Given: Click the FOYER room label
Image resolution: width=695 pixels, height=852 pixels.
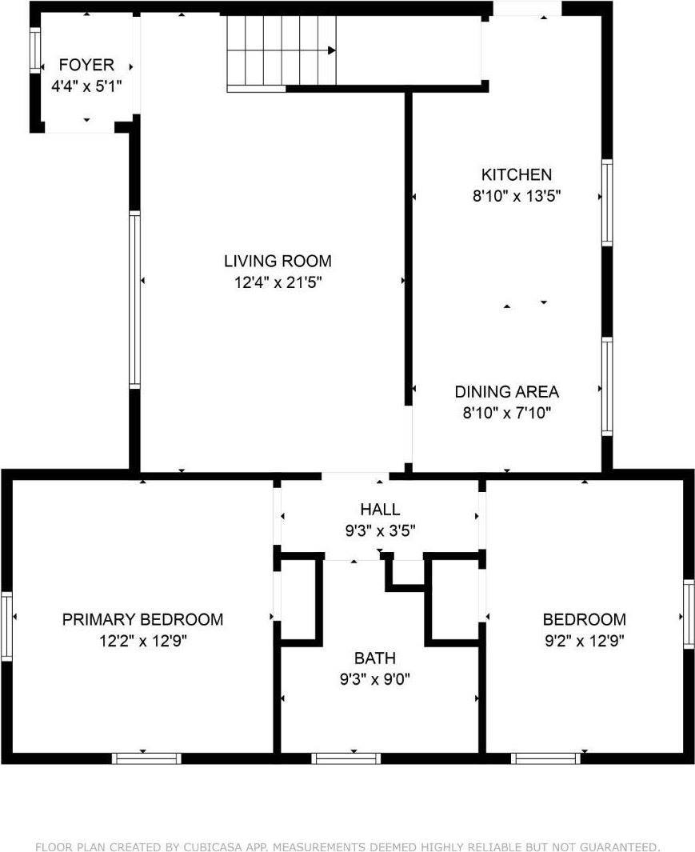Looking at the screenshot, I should click(x=86, y=65).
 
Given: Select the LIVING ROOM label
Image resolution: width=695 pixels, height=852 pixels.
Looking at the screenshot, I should click(x=277, y=261).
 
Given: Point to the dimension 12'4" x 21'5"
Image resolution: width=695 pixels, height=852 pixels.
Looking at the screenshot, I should click(x=277, y=282).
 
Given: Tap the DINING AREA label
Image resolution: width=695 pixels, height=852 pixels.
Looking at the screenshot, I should click(x=506, y=392).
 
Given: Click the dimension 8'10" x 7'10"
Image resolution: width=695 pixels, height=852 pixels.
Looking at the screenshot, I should click(x=506, y=413).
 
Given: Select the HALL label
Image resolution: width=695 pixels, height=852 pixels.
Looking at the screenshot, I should click(x=380, y=510).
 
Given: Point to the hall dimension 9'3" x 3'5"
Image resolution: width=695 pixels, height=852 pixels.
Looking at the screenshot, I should click(x=380, y=530).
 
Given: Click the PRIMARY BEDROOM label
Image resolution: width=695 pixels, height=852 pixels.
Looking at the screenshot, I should click(x=142, y=619).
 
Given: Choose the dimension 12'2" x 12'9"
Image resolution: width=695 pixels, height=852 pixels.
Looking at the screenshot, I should click(x=142, y=640).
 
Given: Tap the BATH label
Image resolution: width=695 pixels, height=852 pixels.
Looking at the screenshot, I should click(x=375, y=659).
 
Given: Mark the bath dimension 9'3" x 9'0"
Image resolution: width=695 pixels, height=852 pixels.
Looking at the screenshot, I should click(x=375, y=680).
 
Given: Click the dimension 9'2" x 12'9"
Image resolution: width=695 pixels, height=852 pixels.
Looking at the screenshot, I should click(x=584, y=640).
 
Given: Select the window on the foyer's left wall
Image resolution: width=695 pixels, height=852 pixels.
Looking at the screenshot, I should click(x=35, y=51).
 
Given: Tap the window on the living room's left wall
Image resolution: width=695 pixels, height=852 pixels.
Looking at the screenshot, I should click(x=134, y=300).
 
